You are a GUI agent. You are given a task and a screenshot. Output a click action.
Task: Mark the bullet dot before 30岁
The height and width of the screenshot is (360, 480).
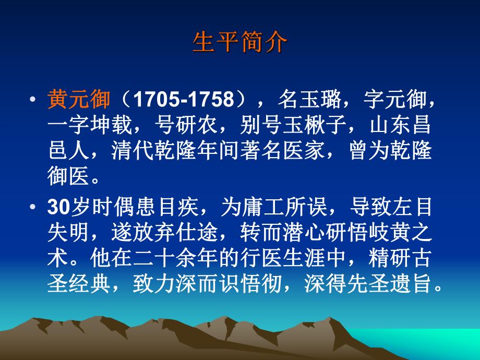click(33, 208)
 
